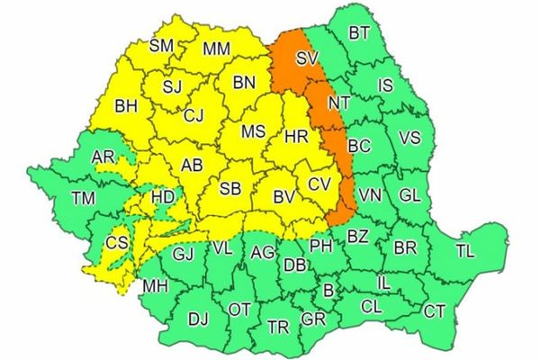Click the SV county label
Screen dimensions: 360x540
click(307, 59)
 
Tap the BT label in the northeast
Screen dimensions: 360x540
click(359, 34)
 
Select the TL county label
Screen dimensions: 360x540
click(465, 251)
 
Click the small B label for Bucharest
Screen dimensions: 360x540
click(328, 290)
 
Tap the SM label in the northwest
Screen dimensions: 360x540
click(161, 45)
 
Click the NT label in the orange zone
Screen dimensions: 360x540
click(338, 103)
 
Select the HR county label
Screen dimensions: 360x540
click(296, 136)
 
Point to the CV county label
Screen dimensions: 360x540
click(319, 183)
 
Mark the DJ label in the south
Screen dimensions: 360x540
click(197, 318)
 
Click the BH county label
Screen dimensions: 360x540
click(126, 106)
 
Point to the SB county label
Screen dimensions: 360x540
click(230, 189)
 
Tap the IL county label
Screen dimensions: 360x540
click(382, 283)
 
